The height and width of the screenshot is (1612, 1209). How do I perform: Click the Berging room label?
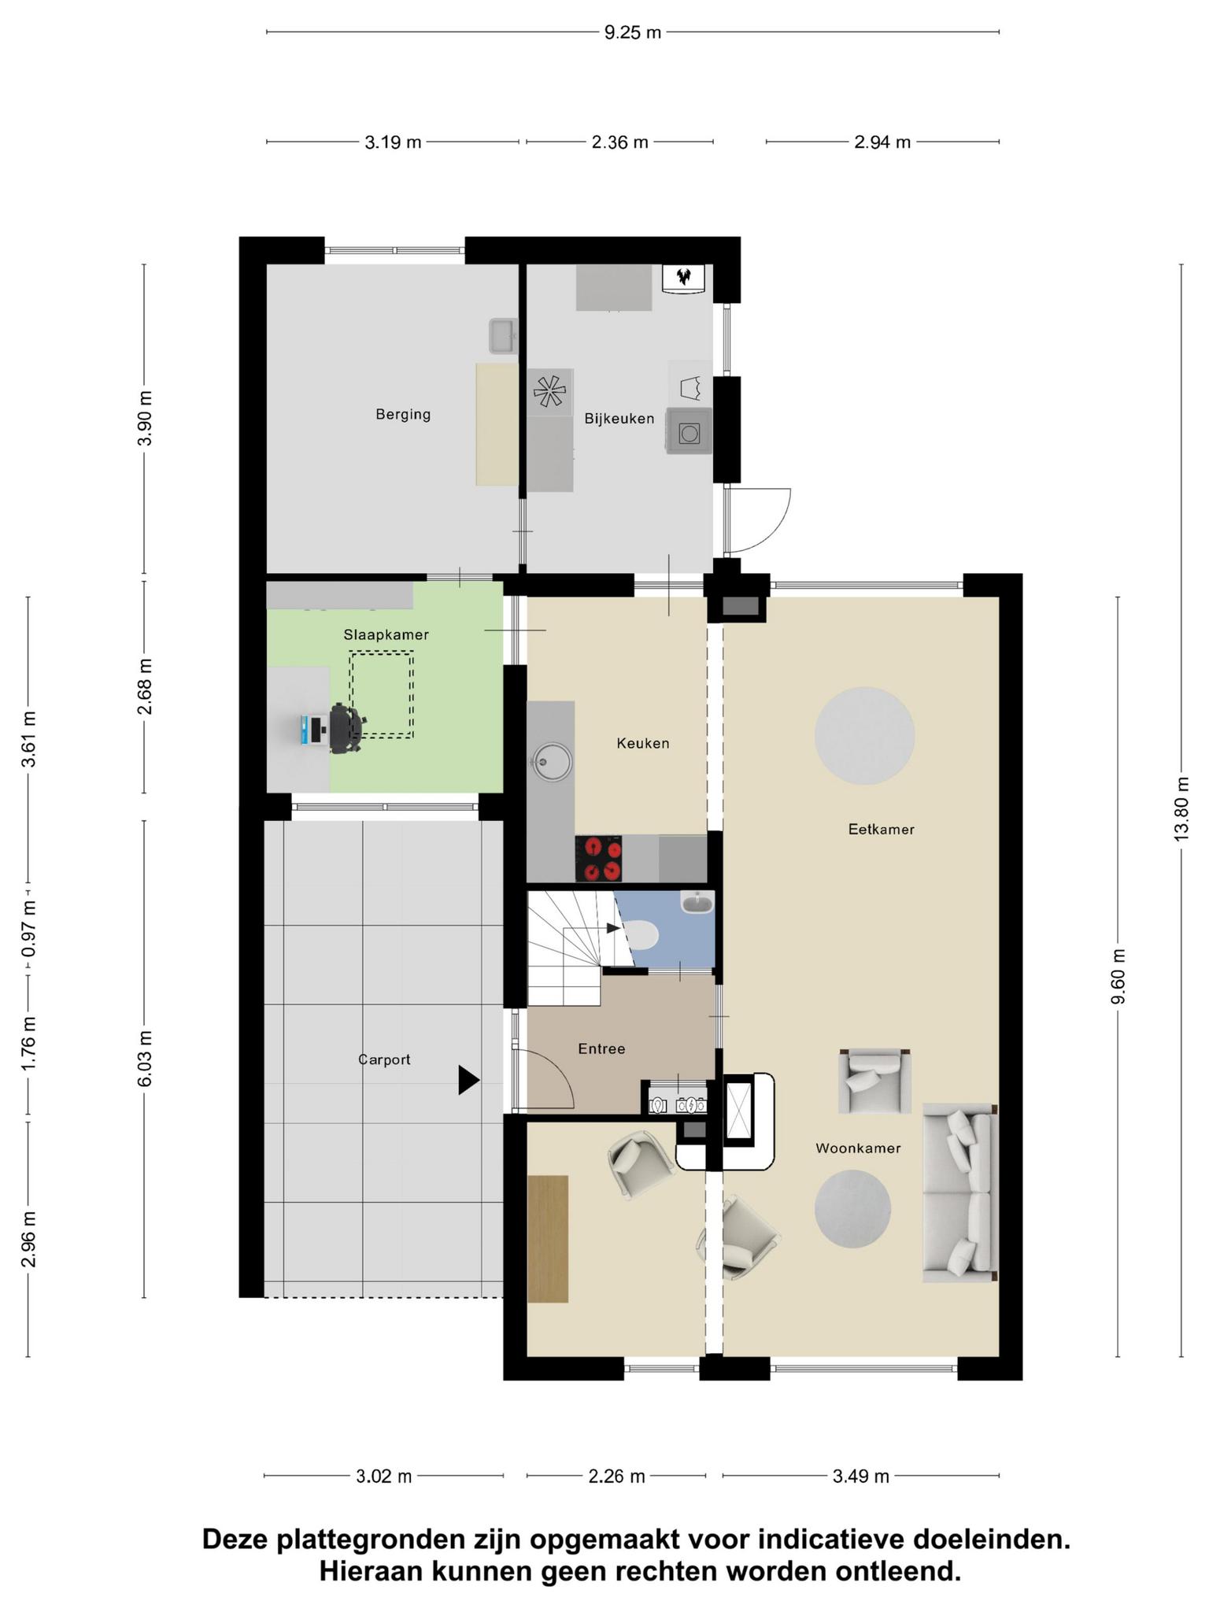403,415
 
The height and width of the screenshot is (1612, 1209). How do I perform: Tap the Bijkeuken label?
619,419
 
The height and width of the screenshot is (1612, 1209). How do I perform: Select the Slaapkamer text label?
386,634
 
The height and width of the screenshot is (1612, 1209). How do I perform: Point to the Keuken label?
643,743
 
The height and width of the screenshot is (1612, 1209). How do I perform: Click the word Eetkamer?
882,829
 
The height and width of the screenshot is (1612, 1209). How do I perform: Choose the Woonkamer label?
858,1148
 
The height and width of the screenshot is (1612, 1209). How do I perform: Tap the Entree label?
601,1048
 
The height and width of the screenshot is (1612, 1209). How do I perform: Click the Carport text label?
385,1059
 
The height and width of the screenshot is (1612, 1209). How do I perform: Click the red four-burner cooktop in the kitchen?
599,859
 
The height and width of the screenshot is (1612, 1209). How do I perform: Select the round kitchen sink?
552,762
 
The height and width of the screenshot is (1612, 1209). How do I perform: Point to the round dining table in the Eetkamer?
864,736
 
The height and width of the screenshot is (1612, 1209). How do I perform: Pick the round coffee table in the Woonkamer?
852,1208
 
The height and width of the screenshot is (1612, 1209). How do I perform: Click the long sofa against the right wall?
960,1192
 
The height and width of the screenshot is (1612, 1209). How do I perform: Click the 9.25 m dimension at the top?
633,32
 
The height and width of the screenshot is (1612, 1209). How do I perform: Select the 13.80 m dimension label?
1181,808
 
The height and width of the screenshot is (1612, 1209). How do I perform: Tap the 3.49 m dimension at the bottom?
861,1477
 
